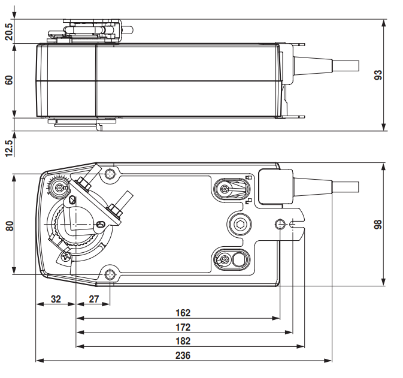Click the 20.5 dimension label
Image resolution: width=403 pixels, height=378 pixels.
pos(8,31)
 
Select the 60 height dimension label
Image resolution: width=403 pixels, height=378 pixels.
pos(8,80)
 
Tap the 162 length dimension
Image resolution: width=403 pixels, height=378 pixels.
pos(183,313)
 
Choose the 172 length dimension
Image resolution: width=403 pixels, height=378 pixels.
pos(183,327)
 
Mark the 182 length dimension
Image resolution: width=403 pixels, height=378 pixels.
pos(183,341)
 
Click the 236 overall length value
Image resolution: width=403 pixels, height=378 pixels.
pos(183,355)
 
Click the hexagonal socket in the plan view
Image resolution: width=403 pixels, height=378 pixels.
pos(241,225)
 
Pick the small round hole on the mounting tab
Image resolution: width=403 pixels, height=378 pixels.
pos(280,224)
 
